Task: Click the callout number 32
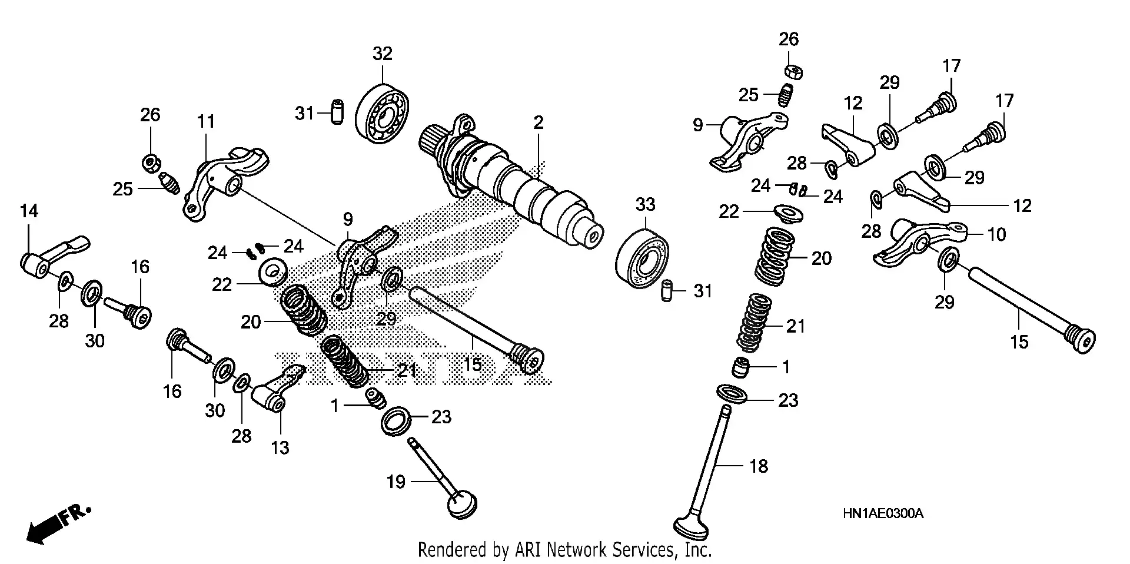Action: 382,54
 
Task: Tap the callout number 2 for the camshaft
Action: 538,123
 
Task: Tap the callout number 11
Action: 205,122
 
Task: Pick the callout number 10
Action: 996,234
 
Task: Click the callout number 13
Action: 280,448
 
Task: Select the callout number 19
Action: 396,482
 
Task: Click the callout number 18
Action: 759,466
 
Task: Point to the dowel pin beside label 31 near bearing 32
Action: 337,112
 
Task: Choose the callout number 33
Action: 645,205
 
